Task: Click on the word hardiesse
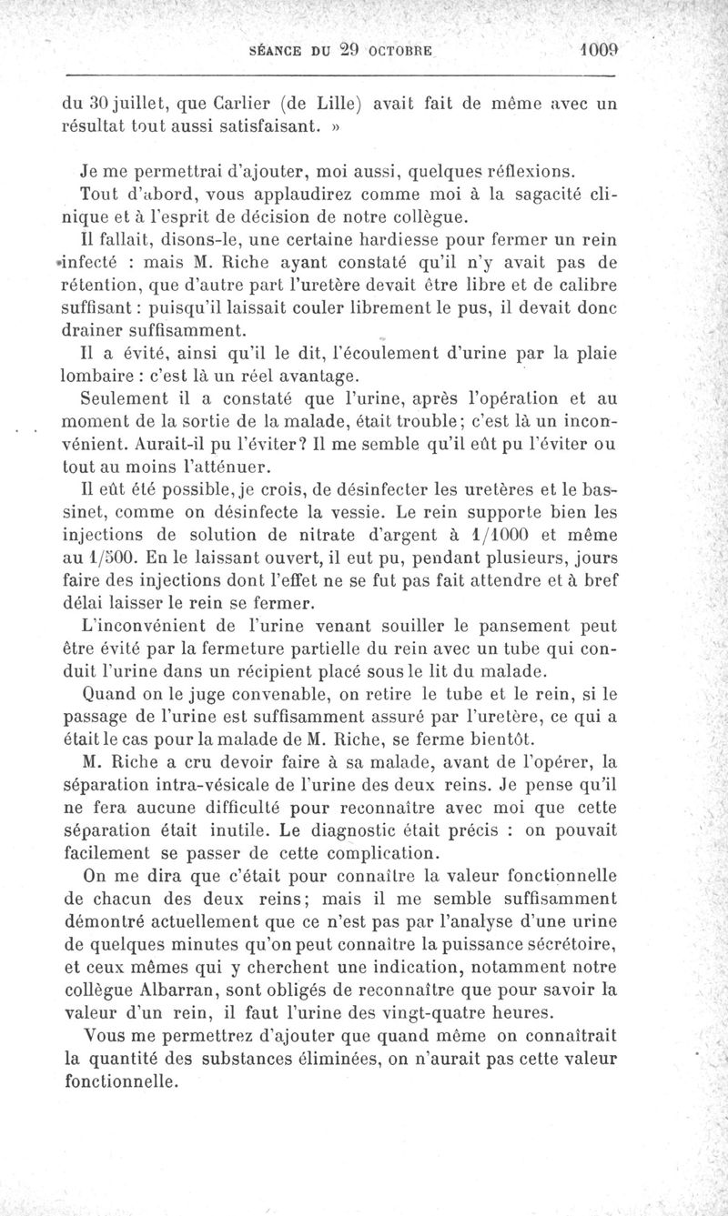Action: tap(417, 239)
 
